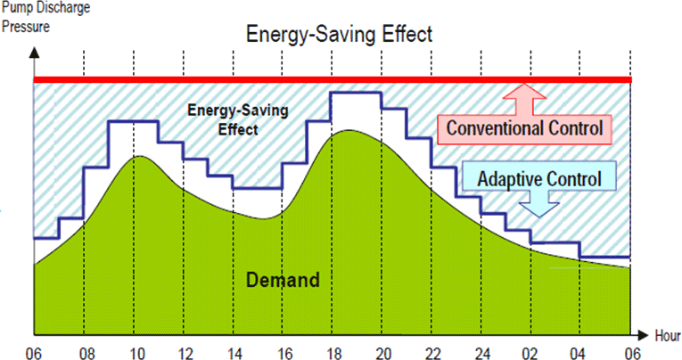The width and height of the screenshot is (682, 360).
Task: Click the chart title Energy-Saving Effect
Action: (339, 36)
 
